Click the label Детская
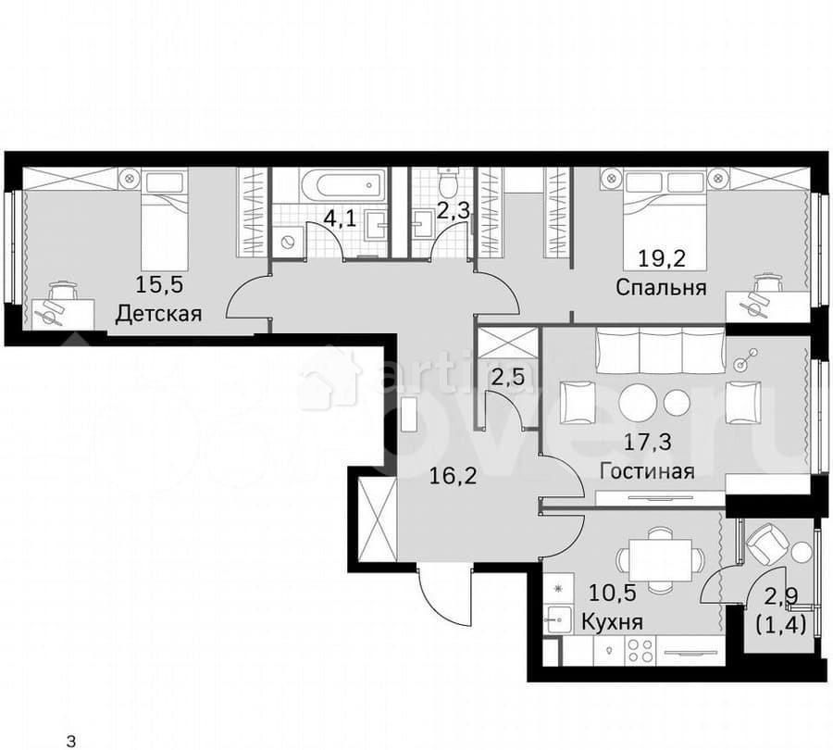pyautogui.click(x=158, y=313)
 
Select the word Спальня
pyautogui.click(x=661, y=287)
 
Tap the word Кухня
pyautogui.click(x=613, y=620)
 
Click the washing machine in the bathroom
pyautogui.click(x=289, y=241)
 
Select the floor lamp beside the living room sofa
pyautogui.click(x=745, y=361)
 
